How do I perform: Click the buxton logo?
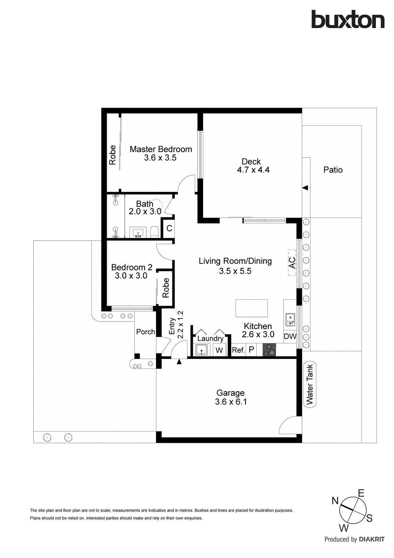coord(348,20)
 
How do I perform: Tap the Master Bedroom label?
coord(161,149)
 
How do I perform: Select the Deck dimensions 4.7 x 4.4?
coord(253,170)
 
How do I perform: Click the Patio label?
coord(333,170)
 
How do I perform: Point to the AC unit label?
coord(292,263)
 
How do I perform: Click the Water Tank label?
coord(310,384)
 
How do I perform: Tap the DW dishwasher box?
coord(290,336)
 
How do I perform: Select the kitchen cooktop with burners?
coord(269,350)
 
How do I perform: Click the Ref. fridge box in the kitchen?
coord(239,350)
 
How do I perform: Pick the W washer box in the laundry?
coord(219,350)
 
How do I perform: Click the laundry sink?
coord(201,350)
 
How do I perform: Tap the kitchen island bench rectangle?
coord(252,308)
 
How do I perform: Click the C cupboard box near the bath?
coord(169,228)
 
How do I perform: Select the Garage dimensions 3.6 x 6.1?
coord(231,402)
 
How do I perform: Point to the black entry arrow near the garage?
coord(179,362)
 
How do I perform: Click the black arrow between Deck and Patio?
coord(306,188)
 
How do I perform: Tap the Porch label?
coord(145,332)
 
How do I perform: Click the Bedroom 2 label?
coord(132,267)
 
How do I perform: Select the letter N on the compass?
coord(335,501)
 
